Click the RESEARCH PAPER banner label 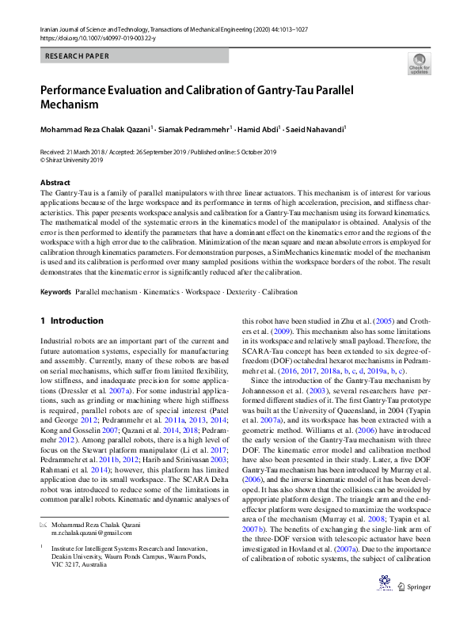pyautogui.click(x=78, y=57)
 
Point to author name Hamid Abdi pyautogui.click(x=255, y=128)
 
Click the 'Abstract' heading pyautogui.click(x=55, y=183)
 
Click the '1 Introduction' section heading pyautogui.click(x=71, y=321)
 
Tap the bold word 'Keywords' pyautogui.click(x=56, y=292)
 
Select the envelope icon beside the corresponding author pyautogui.click(x=44, y=525)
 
